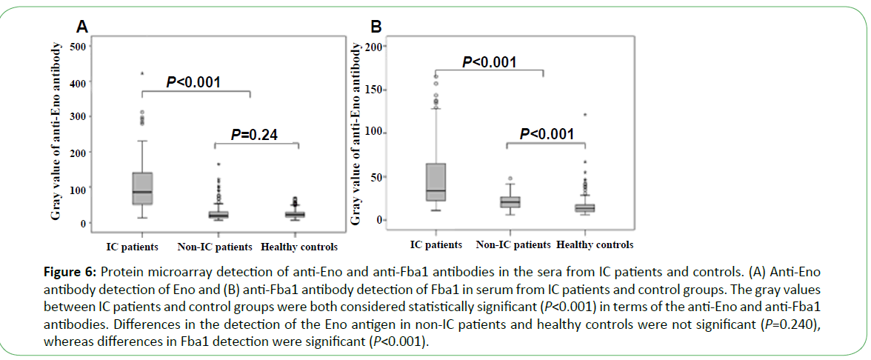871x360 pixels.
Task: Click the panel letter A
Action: pos(83,27)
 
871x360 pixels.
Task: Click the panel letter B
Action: pos(376,27)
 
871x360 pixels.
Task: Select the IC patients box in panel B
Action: pos(436,181)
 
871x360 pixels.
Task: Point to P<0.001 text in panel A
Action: pos(193,82)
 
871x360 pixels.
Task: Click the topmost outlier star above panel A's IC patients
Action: pos(142,73)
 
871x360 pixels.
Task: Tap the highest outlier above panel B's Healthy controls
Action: pos(584,115)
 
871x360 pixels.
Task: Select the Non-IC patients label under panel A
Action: pos(216,247)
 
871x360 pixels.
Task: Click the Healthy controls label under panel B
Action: pos(595,244)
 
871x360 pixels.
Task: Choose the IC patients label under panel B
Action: pos(436,244)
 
